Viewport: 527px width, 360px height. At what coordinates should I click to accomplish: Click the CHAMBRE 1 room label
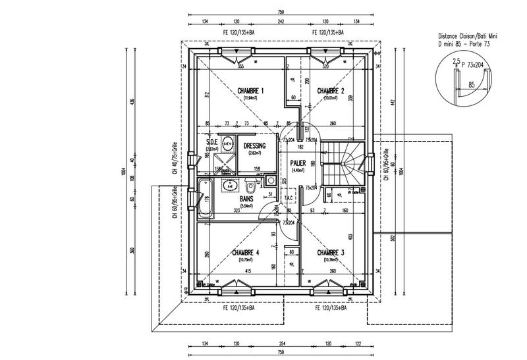pos(249,91)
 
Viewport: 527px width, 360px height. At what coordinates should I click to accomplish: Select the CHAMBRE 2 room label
pos(331,91)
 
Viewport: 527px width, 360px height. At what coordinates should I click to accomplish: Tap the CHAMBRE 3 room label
pos(331,253)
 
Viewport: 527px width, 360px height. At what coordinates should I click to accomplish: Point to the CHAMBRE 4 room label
pos(246,253)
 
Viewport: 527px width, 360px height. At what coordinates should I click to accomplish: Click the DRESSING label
pos(255,145)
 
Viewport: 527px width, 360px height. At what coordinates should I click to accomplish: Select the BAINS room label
pos(247,198)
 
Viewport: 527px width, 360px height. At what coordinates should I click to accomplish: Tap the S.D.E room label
pos(211,142)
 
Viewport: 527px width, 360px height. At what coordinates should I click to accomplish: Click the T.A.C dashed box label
pos(289,198)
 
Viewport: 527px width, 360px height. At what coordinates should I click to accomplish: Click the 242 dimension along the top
pos(281,21)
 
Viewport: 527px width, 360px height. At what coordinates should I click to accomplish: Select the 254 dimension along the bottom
pos(283,344)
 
